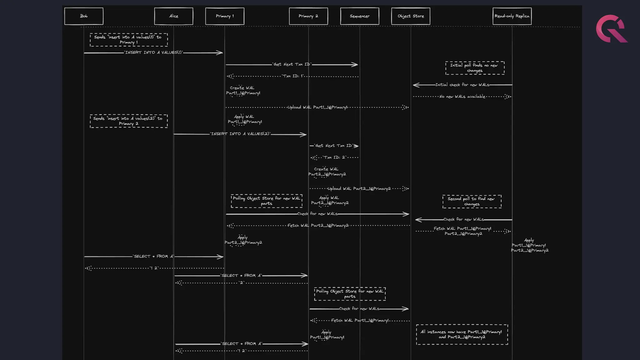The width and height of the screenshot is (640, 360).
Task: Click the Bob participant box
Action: click(x=84, y=16)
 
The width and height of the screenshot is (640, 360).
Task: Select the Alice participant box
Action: click(x=173, y=16)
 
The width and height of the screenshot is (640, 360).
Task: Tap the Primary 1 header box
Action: click(x=225, y=16)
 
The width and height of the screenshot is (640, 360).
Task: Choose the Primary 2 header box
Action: click(x=308, y=16)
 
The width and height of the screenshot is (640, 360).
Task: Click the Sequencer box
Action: click(x=359, y=16)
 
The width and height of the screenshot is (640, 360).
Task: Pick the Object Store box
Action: click(x=411, y=16)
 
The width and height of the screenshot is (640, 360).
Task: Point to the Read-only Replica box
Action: click(x=512, y=16)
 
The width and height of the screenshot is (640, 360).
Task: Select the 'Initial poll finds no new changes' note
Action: click(x=475, y=68)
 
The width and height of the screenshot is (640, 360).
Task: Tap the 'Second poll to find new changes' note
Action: click(x=472, y=202)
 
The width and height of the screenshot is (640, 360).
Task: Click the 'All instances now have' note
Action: click(x=462, y=334)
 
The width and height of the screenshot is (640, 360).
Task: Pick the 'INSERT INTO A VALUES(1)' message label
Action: click(x=153, y=52)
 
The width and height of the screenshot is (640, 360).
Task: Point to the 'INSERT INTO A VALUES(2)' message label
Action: click(x=240, y=134)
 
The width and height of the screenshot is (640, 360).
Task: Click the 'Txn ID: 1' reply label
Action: click(x=293, y=76)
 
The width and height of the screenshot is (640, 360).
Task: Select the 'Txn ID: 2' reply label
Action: click(x=335, y=157)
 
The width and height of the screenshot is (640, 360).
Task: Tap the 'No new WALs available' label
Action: click(x=462, y=97)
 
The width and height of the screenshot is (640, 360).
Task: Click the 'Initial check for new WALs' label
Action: click(x=462, y=85)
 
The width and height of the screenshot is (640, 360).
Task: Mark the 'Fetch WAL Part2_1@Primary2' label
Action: click(x=318, y=226)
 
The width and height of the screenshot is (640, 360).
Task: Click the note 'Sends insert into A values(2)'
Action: click(x=128, y=121)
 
